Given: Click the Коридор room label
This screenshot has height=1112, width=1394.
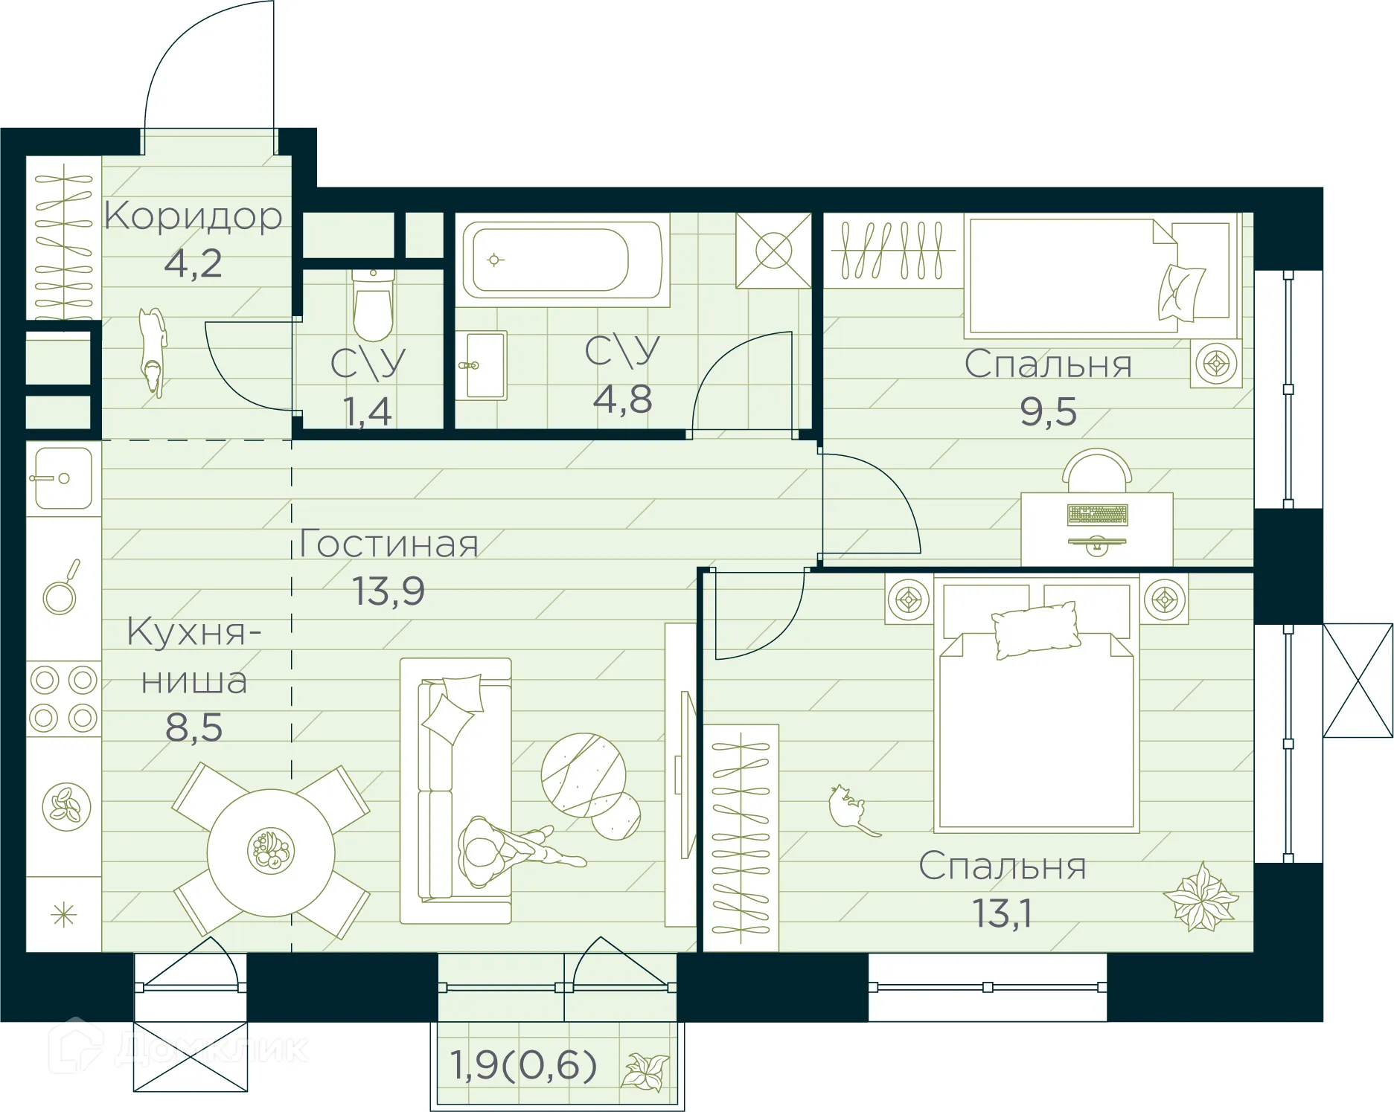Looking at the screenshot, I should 193,216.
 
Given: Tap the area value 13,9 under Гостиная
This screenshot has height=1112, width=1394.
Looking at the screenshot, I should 388,591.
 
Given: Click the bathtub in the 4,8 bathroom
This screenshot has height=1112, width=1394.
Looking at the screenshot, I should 562,259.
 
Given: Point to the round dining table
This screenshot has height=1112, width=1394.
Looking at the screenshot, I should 271,852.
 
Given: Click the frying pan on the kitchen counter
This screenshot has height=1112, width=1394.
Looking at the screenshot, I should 61,591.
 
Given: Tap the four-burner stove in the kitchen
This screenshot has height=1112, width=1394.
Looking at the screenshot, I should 63,699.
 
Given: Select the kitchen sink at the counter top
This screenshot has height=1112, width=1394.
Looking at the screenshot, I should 63,478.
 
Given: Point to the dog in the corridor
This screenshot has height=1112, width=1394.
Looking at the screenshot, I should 153,350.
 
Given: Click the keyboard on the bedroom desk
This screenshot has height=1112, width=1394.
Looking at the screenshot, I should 1097,514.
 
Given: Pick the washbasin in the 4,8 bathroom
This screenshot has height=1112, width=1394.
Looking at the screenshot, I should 482,365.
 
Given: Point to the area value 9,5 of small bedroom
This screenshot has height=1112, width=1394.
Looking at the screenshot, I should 1048,412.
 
